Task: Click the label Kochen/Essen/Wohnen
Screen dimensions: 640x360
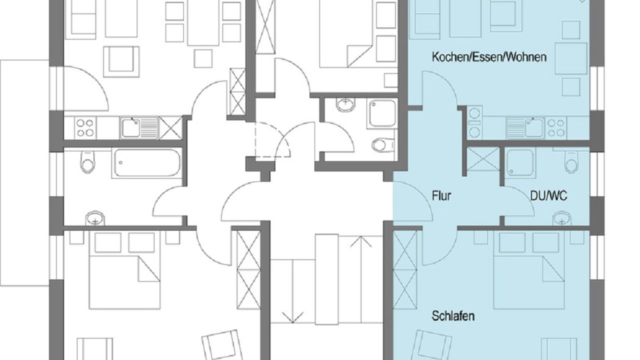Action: (489, 57)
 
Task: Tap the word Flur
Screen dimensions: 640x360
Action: (441, 196)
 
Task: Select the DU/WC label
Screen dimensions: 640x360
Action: (548, 196)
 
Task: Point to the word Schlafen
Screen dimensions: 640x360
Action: (453, 316)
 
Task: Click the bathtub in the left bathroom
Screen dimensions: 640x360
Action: (147, 163)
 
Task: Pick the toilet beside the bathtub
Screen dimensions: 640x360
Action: (87, 162)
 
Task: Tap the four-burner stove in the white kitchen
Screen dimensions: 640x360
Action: (85, 127)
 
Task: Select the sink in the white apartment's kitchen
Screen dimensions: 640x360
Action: (139, 127)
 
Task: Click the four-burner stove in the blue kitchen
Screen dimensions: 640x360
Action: (555, 128)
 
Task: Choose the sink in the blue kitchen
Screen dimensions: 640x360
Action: (525, 128)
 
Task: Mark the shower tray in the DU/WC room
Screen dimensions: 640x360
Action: (520, 162)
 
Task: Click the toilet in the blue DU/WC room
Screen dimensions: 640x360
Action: (571, 161)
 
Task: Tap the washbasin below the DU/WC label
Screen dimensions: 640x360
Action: (562, 218)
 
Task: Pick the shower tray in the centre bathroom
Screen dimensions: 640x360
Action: (382, 113)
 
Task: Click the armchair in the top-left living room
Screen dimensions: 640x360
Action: (121, 61)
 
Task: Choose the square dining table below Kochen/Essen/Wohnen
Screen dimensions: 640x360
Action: (571, 58)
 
